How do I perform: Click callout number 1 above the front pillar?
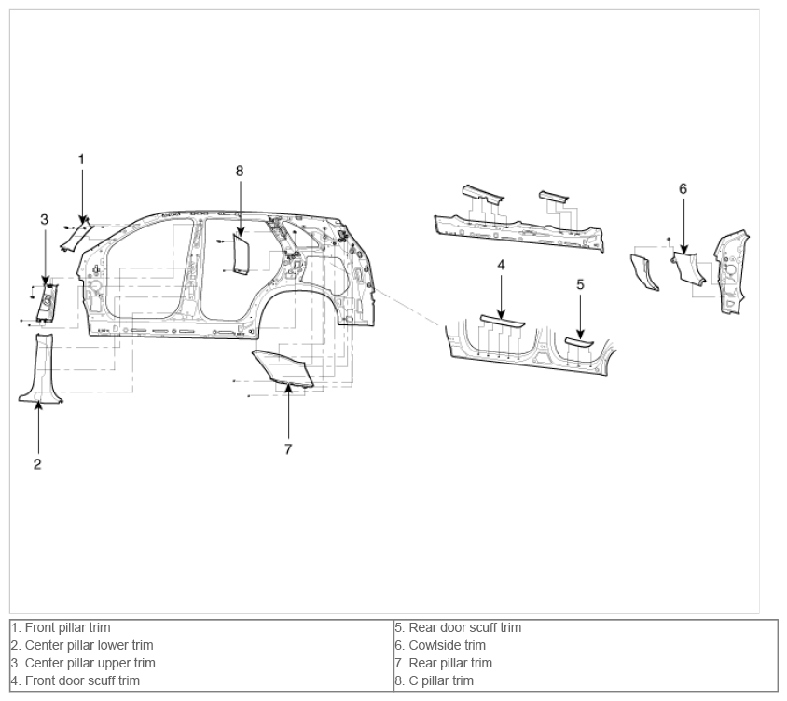[x=81, y=159]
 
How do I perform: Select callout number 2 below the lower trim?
[x=37, y=464]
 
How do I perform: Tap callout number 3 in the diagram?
[x=44, y=219]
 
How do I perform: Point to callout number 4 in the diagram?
[x=501, y=265]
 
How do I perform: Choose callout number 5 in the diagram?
[x=580, y=284]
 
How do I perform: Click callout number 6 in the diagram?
[x=683, y=188]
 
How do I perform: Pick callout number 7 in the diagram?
[x=288, y=449]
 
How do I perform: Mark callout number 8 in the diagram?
[x=240, y=172]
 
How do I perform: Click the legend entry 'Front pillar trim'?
[x=61, y=627]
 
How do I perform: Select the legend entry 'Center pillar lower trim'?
[x=82, y=645]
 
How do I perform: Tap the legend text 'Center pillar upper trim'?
[x=83, y=663]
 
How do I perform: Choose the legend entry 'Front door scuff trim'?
[x=76, y=680]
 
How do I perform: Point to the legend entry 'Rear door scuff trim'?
[x=458, y=627]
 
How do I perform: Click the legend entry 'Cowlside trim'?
[x=440, y=645]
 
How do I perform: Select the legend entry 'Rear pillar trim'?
[x=443, y=663]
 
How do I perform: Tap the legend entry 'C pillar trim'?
[x=435, y=680]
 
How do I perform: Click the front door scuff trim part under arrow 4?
[x=503, y=322]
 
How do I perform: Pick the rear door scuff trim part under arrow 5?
[x=579, y=343]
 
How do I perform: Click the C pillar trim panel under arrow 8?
[x=242, y=254]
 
